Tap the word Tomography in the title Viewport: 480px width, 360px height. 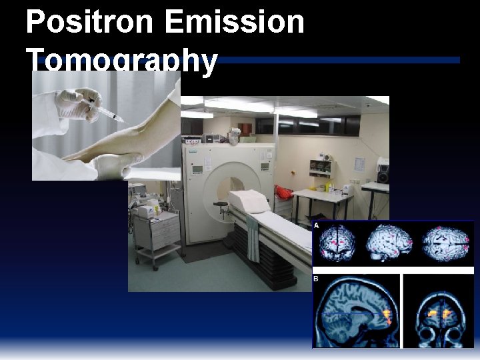click(x=123, y=61)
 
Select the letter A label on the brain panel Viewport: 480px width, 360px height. click(x=316, y=226)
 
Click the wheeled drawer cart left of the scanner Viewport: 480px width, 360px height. click(x=157, y=233)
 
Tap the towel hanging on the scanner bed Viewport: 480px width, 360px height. click(x=253, y=237)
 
